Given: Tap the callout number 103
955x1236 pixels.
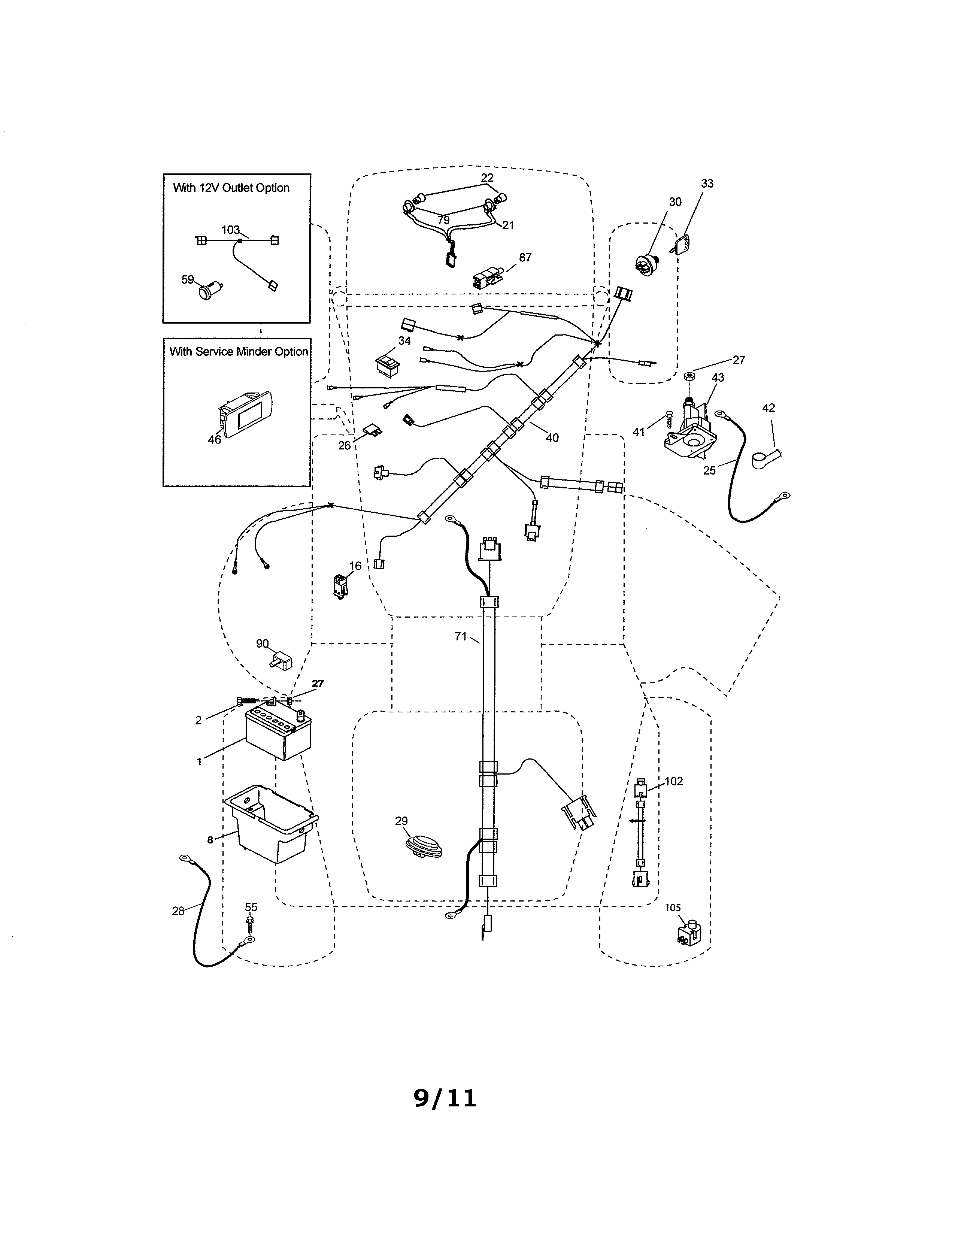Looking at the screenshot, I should pyautogui.click(x=230, y=230).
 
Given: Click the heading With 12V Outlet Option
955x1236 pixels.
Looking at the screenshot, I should pyautogui.click(x=231, y=188).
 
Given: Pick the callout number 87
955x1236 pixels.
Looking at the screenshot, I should pyautogui.click(x=525, y=258).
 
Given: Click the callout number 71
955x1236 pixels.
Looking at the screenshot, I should pyautogui.click(x=461, y=637).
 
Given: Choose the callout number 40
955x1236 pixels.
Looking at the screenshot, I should pyautogui.click(x=552, y=437).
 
